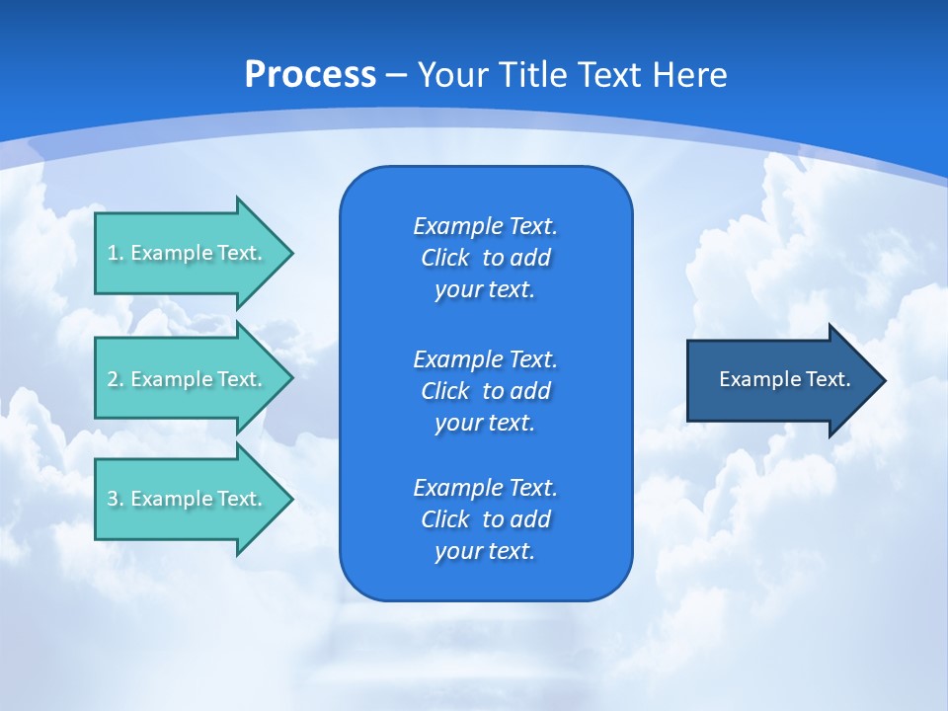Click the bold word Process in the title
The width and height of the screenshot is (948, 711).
pyautogui.click(x=310, y=75)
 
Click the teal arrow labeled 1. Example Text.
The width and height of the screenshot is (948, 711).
pyautogui.click(x=188, y=253)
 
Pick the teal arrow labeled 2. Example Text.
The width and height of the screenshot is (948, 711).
pyautogui.click(x=188, y=379)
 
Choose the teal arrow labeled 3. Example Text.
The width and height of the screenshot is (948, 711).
pyautogui.click(x=188, y=499)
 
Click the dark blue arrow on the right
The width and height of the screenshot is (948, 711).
pyautogui.click(x=780, y=379)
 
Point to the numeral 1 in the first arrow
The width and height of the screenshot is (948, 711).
pyautogui.click(x=112, y=253)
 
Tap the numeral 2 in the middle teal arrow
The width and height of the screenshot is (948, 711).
pyautogui.click(x=113, y=379)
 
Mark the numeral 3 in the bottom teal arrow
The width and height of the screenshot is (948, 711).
pyautogui.click(x=113, y=499)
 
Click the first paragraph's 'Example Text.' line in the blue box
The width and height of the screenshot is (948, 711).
pyautogui.click(x=485, y=226)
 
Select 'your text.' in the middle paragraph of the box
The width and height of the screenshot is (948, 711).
pyautogui.click(x=485, y=423)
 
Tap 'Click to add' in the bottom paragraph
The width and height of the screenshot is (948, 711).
pyautogui.click(x=485, y=519)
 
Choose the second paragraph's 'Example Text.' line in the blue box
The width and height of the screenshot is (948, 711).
pyautogui.click(x=485, y=358)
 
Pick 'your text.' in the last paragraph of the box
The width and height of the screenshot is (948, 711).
pyautogui.click(x=485, y=551)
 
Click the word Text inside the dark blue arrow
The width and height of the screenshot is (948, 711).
pyautogui.click(x=828, y=379)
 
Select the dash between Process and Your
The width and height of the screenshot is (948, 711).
pyautogui.click(x=397, y=75)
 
